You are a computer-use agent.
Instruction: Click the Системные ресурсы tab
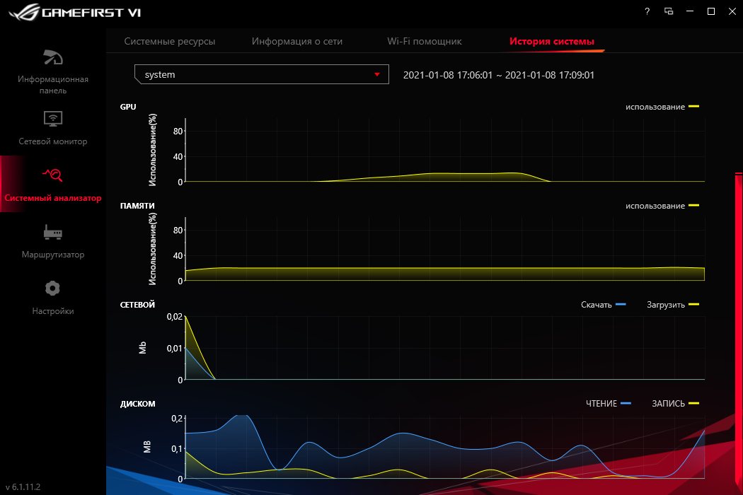pyautogui.click(x=170, y=42)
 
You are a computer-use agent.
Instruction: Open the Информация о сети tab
pyautogui.click(x=297, y=42)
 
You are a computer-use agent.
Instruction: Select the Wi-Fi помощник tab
pyautogui.click(x=425, y=42)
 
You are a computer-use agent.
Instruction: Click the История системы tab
pyautogui.click(x=552, y=42)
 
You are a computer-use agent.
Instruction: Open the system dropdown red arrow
pyautogui.click(x=377, y=74)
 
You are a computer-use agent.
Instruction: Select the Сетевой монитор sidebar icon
pyautogui.click(x=53, y=117)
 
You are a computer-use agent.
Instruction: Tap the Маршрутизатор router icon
pyautogui.click(x=53, y=231)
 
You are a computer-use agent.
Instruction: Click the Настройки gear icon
pyautogui.click(x=53, y=288)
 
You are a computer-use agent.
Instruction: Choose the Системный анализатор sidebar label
pyautogui.click(x=53, y=198)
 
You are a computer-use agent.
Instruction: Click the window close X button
pyautogui.click(x=732, y=11)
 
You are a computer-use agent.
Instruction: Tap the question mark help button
pyautogui.click(x=647, y=11)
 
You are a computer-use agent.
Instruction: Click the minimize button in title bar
pyautogui.click(x=689, y=11)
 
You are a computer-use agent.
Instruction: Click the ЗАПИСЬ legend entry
pyautogui.click(x=675, y=404)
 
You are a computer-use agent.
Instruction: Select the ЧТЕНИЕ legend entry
pyautogui.click(x=608, y=404)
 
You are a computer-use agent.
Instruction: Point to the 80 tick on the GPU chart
pyautogui.click(x=178, y=132)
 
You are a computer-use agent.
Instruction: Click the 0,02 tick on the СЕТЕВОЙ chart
pyautogui.click(x=173, y=317)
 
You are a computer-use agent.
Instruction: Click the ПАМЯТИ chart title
pyautogui.click(x=137, y=206)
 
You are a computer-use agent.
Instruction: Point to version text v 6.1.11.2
pyautogui.click(x=23, y=487)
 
